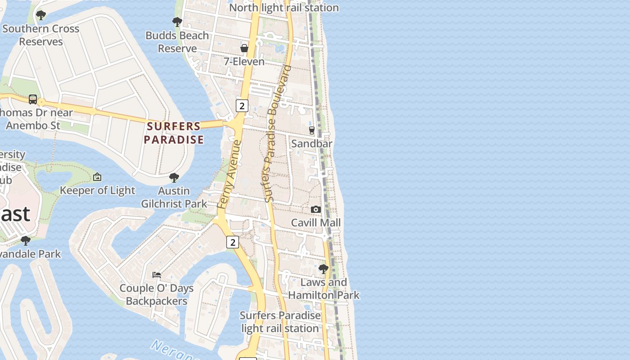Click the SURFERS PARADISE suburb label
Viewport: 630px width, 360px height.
tap(174, 133)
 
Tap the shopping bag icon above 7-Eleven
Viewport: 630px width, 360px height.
tap(244, 48)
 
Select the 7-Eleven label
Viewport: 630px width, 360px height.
tap(244, 62)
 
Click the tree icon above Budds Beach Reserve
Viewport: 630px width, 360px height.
tap(177, 22)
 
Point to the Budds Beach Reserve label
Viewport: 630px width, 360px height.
tap(177, 42)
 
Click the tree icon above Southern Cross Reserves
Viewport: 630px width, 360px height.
tap(41, 15)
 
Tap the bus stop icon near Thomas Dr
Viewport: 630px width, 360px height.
tap(33, 99)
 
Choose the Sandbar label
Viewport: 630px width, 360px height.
tap(312, 144)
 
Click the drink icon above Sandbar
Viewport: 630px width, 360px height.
tap(312, 130)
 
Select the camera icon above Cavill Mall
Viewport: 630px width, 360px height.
tap(316, 209)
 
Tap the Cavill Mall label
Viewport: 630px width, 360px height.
tap(316, 223)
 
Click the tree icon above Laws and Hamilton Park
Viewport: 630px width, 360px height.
tap(323, 269)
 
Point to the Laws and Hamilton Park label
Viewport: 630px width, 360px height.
tap(324, 289)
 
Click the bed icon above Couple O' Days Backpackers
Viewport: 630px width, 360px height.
tap(157, 274)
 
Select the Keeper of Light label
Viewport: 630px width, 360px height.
tap(98, 190)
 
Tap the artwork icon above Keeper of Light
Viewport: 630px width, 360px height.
tap(97, 177)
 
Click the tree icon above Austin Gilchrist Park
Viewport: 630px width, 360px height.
tap(174, 178)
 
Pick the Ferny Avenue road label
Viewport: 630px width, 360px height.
tap(229, 175)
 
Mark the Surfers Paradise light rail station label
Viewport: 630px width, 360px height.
tap(280, 322)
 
